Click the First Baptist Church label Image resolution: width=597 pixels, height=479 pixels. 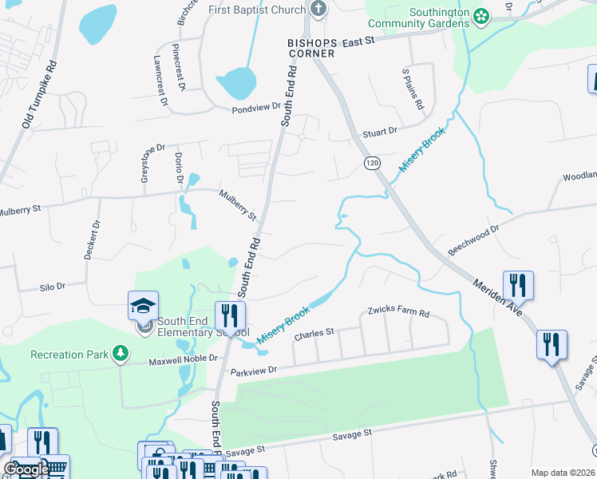(x=257, y=10)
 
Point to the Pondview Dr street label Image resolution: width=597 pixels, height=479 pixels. (x=257, y=107)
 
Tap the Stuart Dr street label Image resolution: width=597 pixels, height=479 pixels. (x=380, y=133)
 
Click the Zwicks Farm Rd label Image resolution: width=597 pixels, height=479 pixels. (x=398, y=313)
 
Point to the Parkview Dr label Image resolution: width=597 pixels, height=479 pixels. (x=253, y=370)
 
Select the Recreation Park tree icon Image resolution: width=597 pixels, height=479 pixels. (x=121, y=354)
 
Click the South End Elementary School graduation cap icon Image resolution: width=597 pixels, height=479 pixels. (x=144, y=306)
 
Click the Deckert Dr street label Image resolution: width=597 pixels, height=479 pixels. (x=90, y=239)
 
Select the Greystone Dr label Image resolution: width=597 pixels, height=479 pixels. (x=148, y=164)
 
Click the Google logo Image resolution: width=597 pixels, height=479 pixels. (x=26, y=469)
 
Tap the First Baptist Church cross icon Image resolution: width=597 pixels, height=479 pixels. (x=318, y=10)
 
